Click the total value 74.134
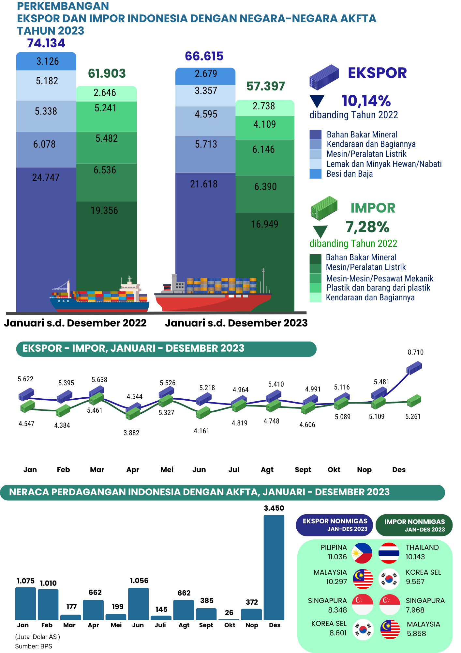tap(46, 43)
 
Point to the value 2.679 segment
tap(206, 74)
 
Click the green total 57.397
tap(265, 86)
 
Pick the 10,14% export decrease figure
tap(366, 101)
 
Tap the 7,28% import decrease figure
tap(367, 227)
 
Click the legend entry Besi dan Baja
tap(349, 174)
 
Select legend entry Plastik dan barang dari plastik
tap(378, 288)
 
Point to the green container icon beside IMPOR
tap(324, 208)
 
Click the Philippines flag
tap(362, 553)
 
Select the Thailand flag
tap(389, 553)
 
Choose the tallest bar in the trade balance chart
tap(274, 567)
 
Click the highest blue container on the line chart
tap(414, 368)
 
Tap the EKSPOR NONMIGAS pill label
tap(335, 525)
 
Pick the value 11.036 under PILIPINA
tap(337, 557)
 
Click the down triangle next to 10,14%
tap(317, 101)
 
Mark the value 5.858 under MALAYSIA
tap(416, 634)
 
